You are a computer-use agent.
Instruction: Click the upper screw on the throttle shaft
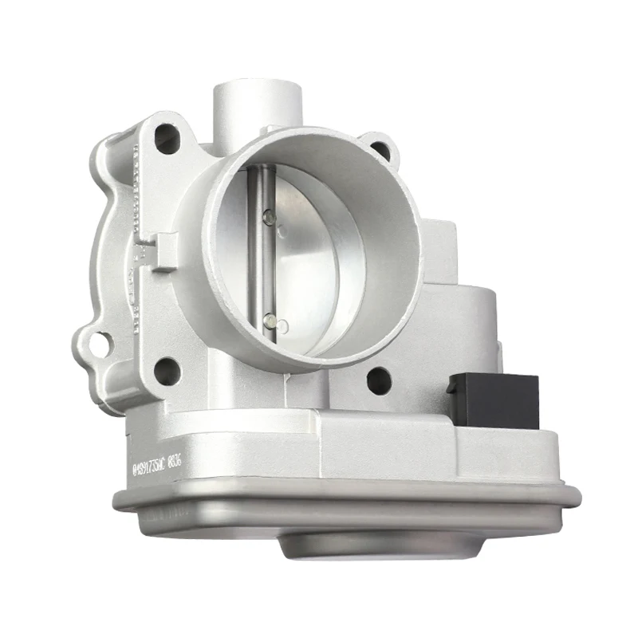pos(269,215)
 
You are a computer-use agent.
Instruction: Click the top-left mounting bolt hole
pos(165,135)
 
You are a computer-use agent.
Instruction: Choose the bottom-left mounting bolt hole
pos(166,368)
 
